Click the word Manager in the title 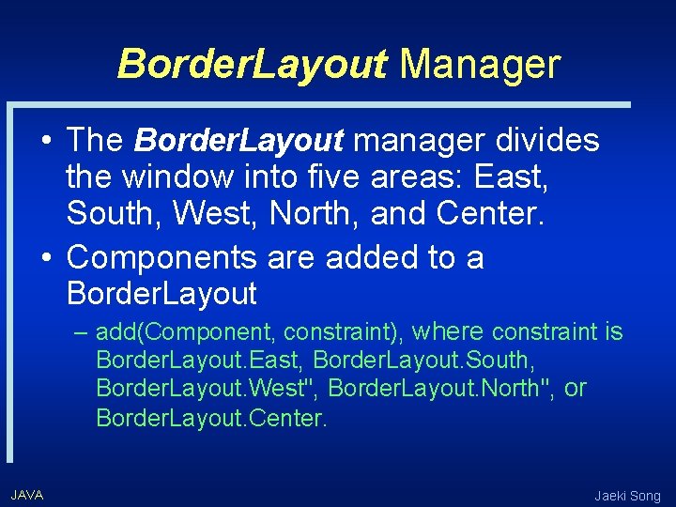coord(480,64)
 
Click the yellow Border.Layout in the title coord(253,64)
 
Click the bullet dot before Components coord(46,256)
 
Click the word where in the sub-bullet coord(448,330)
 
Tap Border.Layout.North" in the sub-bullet coord(441,389)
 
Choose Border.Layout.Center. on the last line coord(212,418)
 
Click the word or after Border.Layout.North coord(576,388)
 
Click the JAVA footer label coord(27,495)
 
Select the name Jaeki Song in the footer coord(627,496)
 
